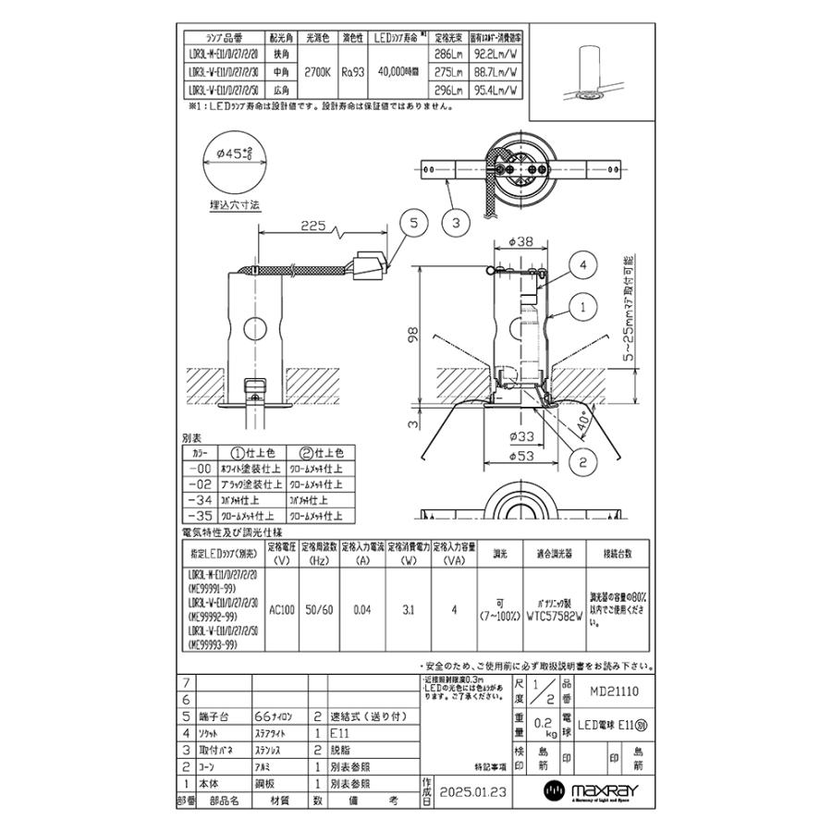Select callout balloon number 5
pos(413,222)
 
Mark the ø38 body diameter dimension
pos(522,241)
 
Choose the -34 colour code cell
pos(201,501)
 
